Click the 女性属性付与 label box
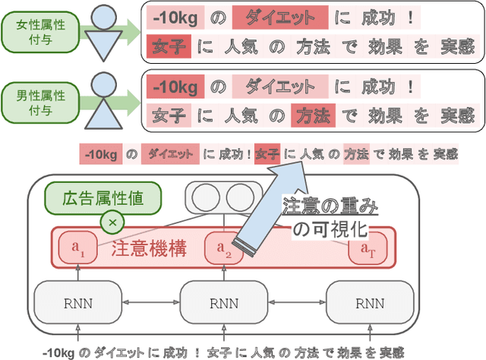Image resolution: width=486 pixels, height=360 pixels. pos(41,30)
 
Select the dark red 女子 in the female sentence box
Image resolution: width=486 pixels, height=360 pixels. pos(164,48)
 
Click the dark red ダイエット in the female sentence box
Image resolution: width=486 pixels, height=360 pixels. pos(280,16)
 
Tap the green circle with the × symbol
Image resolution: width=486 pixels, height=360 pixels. pos(112,223)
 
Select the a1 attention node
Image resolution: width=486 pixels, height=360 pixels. pos(84,248)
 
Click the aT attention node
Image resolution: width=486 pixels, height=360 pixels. pos(367,248)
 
